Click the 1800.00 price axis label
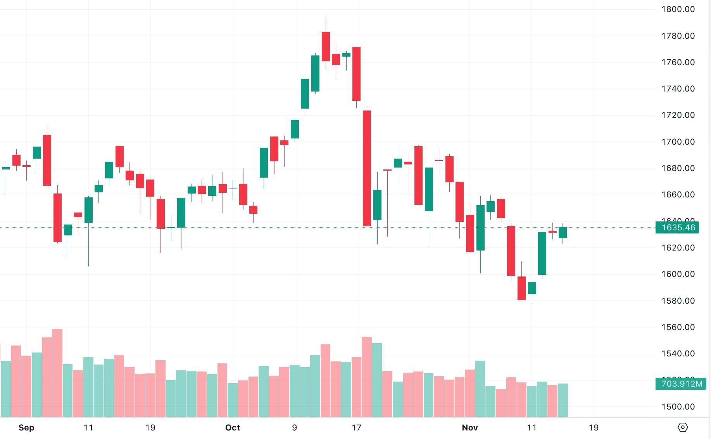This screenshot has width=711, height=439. (x=678, y=9)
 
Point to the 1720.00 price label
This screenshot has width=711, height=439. (x=678, y=115)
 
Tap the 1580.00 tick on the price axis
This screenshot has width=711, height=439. (x=678, y=301)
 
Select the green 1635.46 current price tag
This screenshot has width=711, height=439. (x=677, y=228)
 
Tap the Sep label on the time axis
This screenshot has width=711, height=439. (x=26, y=427)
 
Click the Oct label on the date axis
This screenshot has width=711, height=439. (x=233, y=427)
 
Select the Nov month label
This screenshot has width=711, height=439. (x=469, y=427)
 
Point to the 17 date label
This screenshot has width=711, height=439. (x=356, y=427)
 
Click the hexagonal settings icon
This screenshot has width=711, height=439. (x=682, y=427)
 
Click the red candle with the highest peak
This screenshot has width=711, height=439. (x=326, y=47)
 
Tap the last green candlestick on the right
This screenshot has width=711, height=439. (x=563, y=233)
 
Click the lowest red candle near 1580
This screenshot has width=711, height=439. (x=521, y=288)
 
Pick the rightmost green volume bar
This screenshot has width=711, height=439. (x=563, y=399)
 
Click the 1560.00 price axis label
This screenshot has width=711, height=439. (x=678, y=327)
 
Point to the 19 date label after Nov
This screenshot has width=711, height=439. (x=593, y=427)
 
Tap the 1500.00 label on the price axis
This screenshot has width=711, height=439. (x=678, y=407)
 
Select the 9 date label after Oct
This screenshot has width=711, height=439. (x=294, y=427)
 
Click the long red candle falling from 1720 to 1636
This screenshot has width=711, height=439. (x=367, y=168)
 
